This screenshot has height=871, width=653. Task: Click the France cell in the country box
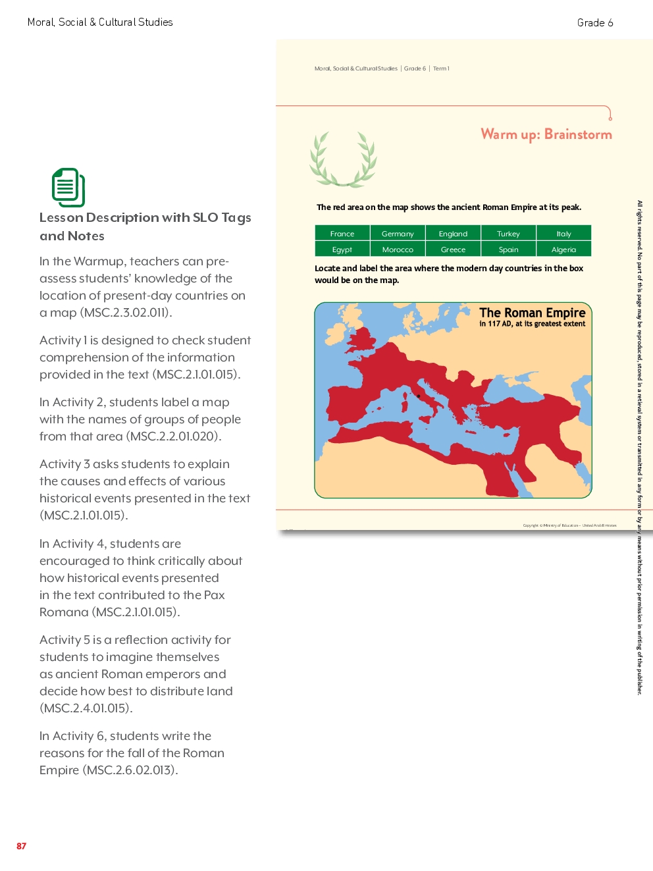(342, 234)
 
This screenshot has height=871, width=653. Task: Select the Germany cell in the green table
(398, 234)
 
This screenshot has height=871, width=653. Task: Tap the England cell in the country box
(453, 234)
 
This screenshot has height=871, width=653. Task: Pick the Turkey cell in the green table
(508, 234)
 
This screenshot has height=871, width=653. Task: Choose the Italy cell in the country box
(563, 234)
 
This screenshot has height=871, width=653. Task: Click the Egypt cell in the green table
(342, 250)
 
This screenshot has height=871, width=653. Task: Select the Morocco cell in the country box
(398, 250)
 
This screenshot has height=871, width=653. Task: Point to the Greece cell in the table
(453, 250)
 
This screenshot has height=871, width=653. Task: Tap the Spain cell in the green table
(508, 250)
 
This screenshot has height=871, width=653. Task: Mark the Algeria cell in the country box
(563, 250)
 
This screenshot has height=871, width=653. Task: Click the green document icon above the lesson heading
(68, 188)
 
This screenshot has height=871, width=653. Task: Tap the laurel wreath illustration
(343, 159)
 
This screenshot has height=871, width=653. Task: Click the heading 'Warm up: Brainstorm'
(546, 134)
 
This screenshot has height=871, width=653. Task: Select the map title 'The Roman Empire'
(532, 313)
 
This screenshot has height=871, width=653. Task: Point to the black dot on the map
(419, 396)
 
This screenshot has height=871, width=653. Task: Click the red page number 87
(22, 846)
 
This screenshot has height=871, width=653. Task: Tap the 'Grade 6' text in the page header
(595, 23)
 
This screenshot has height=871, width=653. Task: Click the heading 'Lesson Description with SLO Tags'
(145, 218)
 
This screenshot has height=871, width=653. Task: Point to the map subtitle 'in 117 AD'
(496, 324)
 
